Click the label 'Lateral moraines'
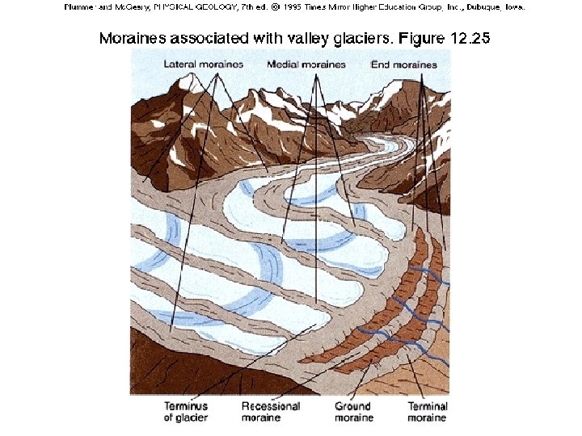203,65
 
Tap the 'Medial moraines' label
306,65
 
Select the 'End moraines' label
403,65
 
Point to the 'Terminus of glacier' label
185,412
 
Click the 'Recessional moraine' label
271,412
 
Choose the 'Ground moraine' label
353,412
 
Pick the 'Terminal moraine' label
428,412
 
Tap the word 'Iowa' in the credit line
514,8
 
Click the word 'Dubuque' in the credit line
480,8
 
